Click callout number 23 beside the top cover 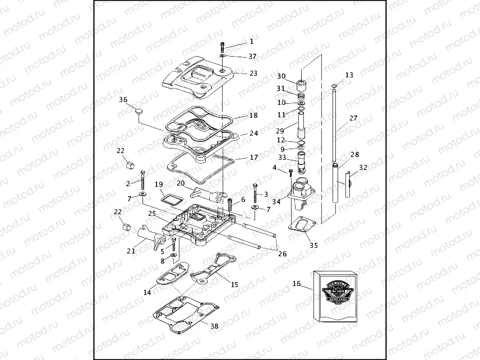(x=253, y=73)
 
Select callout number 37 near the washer (x=252, y=57)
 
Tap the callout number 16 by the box (x=296, y=284)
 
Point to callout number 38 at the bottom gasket (x=214, y=326)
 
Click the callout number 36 (x=123, y=100)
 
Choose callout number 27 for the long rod (x=353, y=118)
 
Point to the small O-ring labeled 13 (x=334, y=86)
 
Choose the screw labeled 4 (x=290, y=173)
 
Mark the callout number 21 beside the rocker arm (x=131, y=251)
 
